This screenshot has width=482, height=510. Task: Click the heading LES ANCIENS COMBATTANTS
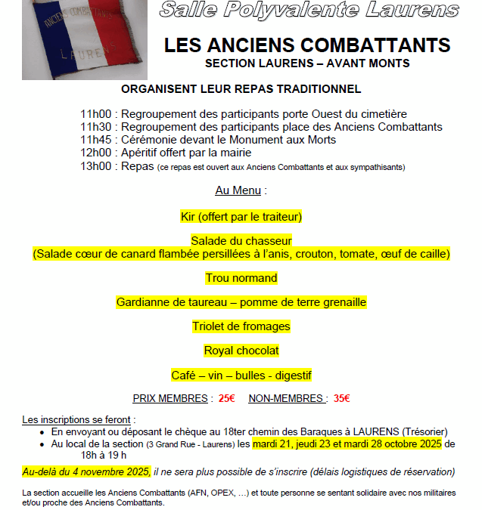coord(307,45)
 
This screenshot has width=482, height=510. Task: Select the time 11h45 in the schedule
coord(97,140)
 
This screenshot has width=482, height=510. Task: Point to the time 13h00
coord(97,165)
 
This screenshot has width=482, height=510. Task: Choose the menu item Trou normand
coord(241,278)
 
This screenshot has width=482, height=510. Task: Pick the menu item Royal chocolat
coord(241,351)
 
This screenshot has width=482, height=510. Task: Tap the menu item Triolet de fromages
coord(241,326)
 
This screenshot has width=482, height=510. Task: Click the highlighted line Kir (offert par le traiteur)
coord(241,217)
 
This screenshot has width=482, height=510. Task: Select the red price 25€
coord(226,398)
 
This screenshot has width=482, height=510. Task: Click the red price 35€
coord(341,398)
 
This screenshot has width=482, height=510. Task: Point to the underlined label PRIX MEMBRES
coord(170,398)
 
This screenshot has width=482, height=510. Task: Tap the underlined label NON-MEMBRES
coord(288,398)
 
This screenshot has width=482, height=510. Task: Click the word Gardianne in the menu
coord(141,302)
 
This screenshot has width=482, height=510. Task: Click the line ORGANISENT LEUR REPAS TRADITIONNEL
coord(241,89)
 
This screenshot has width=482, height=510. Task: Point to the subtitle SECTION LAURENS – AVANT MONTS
coord(307,63)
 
